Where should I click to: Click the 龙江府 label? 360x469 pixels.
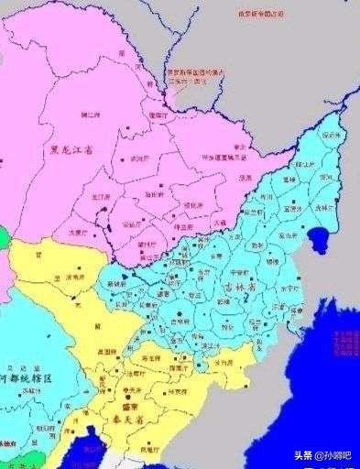pos(101,194)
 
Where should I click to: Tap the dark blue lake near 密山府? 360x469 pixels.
pos(321,241)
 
